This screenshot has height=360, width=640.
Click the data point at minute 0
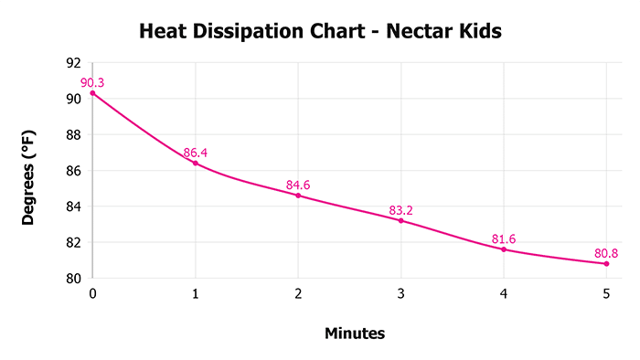92,93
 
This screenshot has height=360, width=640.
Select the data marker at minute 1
195,164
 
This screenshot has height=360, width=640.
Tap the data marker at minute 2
298,196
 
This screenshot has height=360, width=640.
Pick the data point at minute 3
401,220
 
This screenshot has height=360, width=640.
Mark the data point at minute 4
504,249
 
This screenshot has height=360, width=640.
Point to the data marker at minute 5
606,263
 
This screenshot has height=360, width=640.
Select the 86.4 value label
196,153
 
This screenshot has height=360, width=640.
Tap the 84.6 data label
298,185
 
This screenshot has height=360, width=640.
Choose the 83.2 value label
401,210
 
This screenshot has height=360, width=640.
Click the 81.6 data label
504,239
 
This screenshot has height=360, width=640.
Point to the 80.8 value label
606,253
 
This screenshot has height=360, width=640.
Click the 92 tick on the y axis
74,63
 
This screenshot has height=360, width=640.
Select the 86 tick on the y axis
74,171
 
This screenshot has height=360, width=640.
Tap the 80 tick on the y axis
74,278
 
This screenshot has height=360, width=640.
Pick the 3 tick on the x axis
401,294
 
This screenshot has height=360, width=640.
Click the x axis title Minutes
355,334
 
